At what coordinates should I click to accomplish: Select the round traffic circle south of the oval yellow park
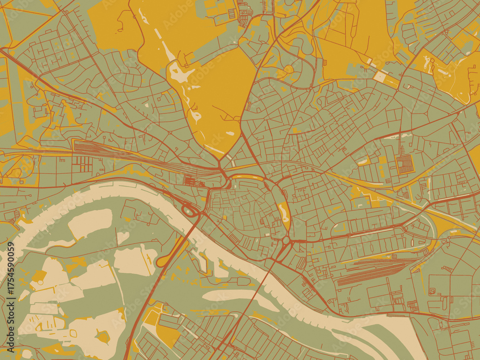click(286, 239)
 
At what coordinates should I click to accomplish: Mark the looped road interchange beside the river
click(189, 210)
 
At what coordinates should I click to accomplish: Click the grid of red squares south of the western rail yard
click(82, 165)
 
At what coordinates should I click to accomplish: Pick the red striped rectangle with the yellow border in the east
click(404, 164)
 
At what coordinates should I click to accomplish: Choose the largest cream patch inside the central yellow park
click(180, 73)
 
